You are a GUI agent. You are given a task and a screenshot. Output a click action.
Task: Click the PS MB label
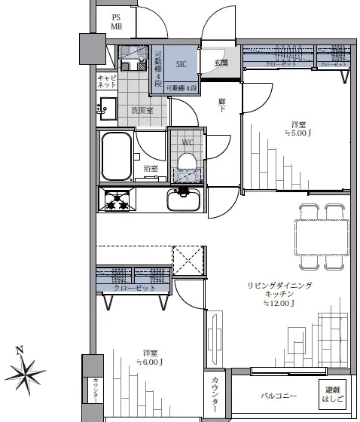pos(117,22)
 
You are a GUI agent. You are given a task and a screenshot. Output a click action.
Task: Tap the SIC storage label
pos(181,65)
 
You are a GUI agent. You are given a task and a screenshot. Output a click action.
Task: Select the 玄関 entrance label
pos(221,63)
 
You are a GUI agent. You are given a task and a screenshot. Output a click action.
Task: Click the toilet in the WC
pos(187,163)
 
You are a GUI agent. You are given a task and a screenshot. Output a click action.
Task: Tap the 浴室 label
pos(151,168)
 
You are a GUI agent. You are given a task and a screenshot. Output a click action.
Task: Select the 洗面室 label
pos(142,110)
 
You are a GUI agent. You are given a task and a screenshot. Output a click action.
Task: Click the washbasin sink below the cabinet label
pos(106,107)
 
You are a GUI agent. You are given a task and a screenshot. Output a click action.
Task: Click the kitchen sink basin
pos(184,200)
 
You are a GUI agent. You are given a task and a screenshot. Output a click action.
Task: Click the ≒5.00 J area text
pos(298,133)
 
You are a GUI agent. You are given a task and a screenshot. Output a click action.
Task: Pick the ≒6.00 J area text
pos(149,362)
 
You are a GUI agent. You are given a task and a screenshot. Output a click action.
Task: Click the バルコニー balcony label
pos(279,396)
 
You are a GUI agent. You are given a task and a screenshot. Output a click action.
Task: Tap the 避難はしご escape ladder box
pos(331,393)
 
